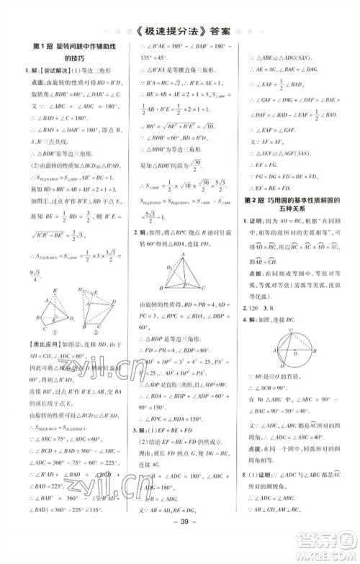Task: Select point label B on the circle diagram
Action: (x=320, y=352)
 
